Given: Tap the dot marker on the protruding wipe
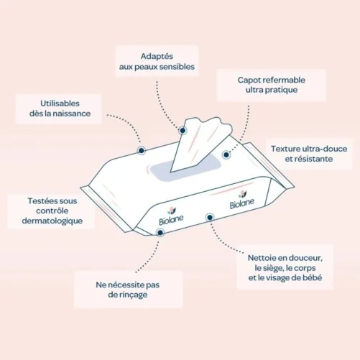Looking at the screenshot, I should (183, 131).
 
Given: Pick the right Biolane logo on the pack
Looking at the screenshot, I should (241, 200).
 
